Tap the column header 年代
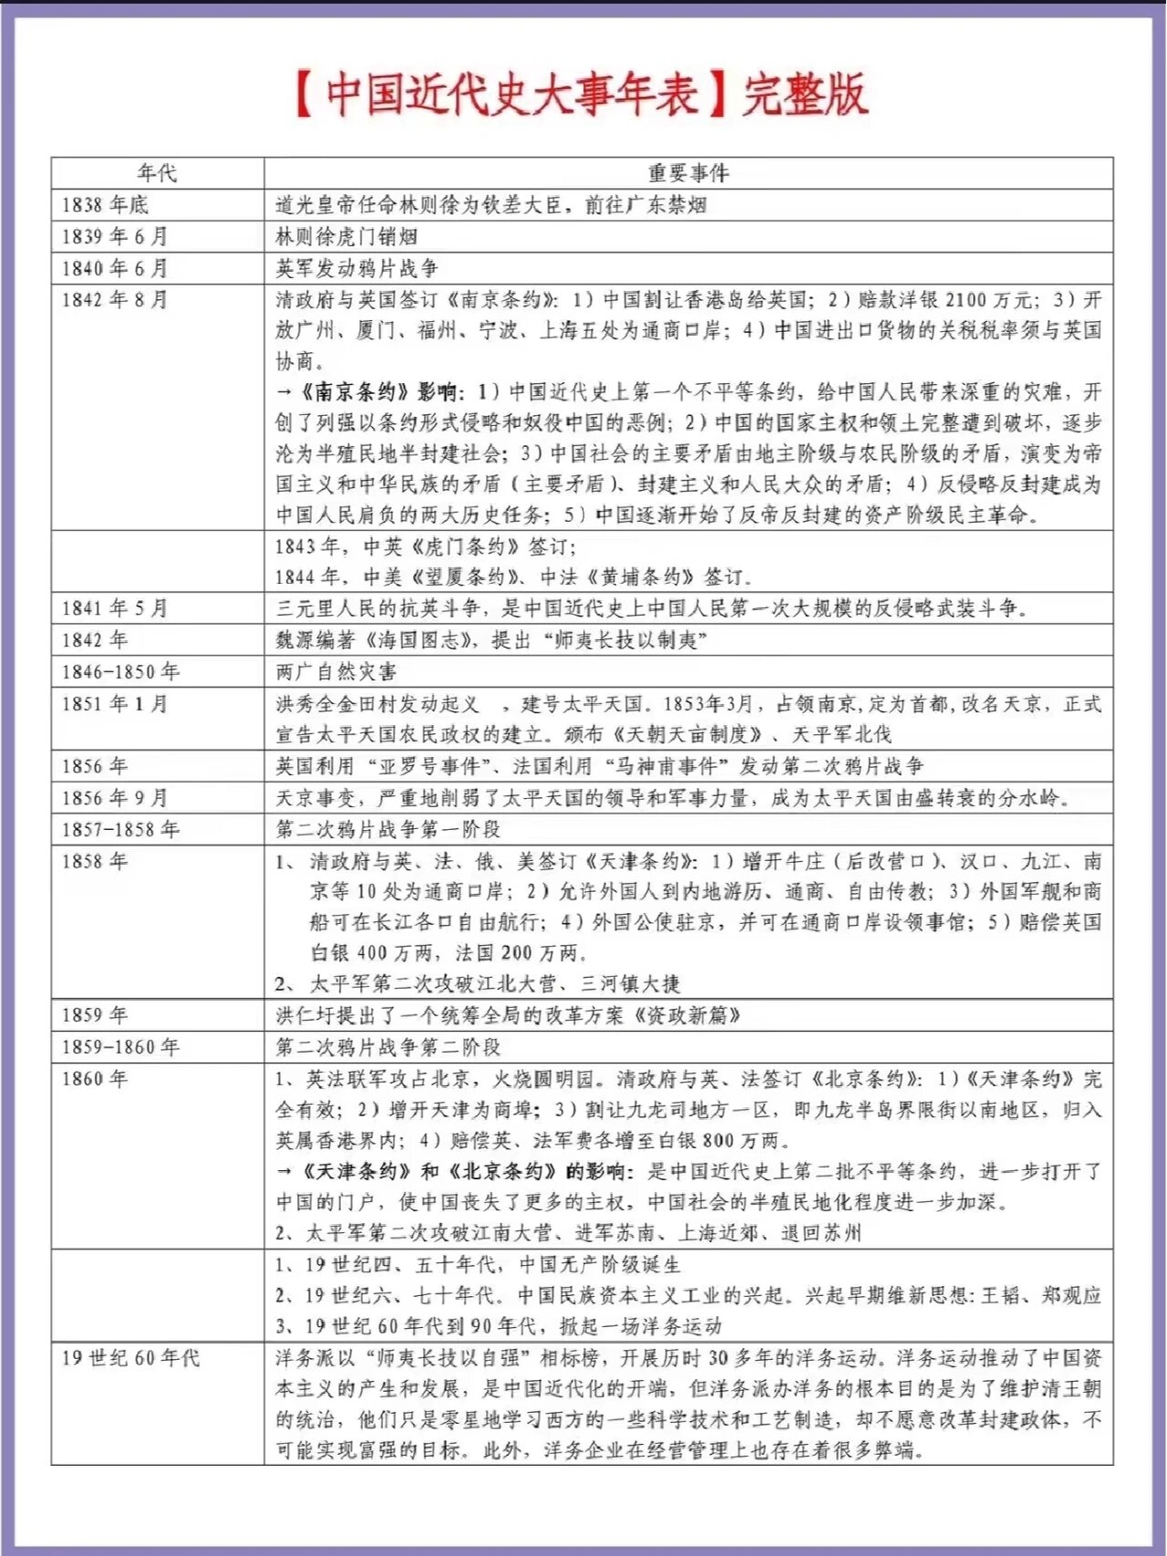point(157,172)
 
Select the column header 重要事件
point(688,172)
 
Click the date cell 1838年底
point(105,204)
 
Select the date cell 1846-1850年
point(120,672)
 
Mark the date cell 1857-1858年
point(120,830)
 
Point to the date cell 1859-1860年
point(120,1047)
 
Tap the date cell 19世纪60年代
point(130,1358)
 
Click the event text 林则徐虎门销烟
point(346,236)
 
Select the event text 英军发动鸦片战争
point(356,268)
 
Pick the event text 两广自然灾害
point(336,672)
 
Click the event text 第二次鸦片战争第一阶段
point(388,830)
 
